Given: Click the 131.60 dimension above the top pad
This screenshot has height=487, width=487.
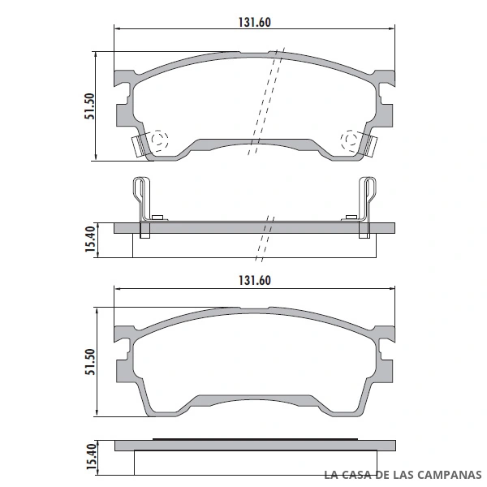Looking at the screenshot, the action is pos(254,22).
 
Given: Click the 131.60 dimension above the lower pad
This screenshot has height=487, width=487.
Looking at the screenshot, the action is pos(254,280).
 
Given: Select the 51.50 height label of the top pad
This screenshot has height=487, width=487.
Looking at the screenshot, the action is pos(90,106).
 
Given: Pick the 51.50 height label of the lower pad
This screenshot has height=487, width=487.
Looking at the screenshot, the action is pos(90,362).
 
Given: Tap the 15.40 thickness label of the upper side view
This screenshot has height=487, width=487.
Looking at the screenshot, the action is pos(90,239).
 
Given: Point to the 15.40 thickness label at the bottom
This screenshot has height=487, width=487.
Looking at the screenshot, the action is pos(92,456).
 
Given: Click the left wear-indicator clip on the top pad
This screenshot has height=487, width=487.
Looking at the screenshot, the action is pos(138,146).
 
